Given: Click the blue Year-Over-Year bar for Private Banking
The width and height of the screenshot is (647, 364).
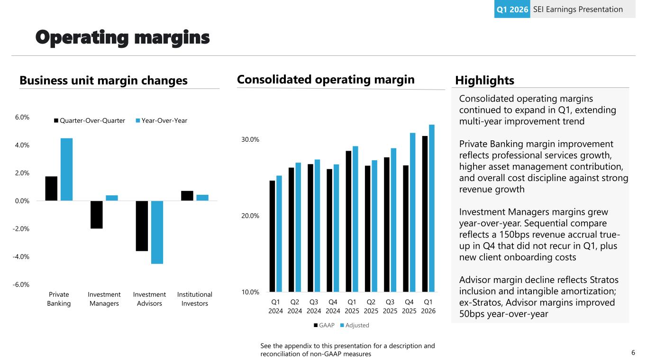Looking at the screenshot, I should [66, 169].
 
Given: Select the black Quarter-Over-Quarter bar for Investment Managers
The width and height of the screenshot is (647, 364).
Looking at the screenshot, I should [97, 215].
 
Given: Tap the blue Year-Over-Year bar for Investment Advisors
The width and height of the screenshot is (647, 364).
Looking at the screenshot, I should [157, 232].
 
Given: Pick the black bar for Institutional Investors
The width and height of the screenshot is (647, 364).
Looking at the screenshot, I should [187, 196].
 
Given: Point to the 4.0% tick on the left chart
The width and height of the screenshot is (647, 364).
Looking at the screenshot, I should [23, 145].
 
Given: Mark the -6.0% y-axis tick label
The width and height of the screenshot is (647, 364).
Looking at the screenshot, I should [22, 284].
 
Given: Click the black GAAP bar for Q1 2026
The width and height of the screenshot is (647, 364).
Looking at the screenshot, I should [425, 213].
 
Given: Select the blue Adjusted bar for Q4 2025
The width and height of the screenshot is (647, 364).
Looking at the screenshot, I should [413, 212].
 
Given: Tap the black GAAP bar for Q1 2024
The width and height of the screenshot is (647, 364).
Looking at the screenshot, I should [272, 236].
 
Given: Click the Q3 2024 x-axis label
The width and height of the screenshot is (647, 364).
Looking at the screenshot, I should [314, 306].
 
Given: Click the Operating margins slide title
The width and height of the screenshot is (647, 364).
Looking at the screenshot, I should [123, 37].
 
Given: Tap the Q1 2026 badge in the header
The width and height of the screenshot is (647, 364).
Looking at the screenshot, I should [512, 9].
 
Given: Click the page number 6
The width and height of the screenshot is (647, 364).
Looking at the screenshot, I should [633, 353].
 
